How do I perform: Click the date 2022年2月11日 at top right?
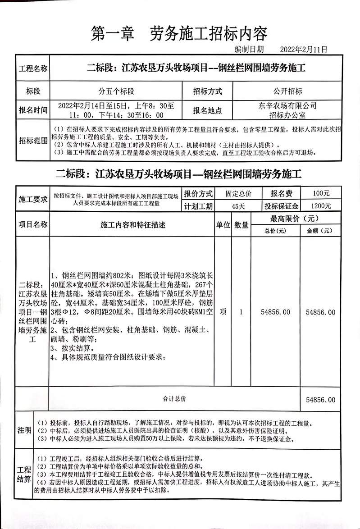303,49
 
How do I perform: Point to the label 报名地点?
207,110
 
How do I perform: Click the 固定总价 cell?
238,193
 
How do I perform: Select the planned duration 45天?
238,206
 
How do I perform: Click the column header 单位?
223,224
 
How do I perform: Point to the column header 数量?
242,224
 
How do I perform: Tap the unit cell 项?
223,312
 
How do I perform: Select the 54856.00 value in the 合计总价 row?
320,400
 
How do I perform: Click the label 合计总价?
174,399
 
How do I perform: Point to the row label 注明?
24,430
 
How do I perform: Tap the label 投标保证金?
282,206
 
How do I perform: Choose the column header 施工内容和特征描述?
133,224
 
